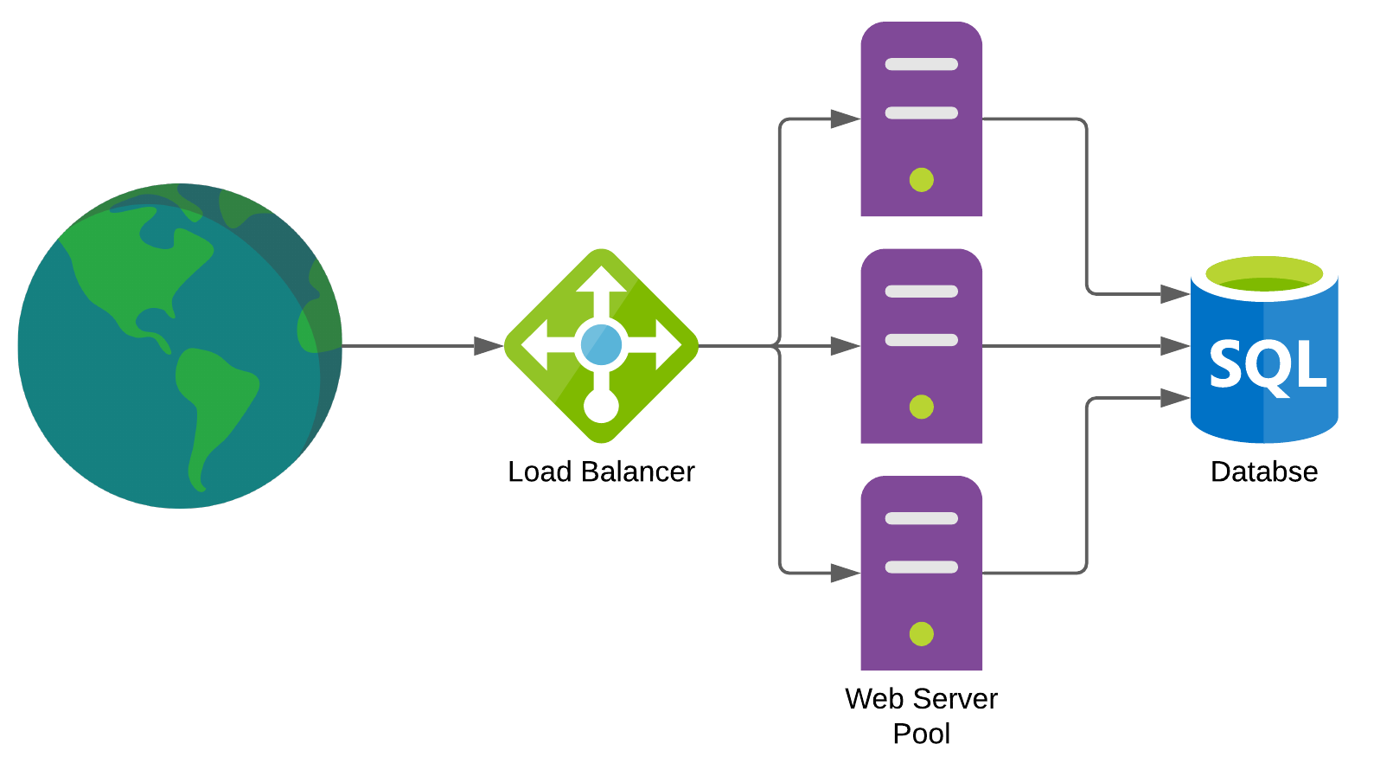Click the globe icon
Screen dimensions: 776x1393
180,345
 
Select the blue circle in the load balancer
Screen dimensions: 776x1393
601,345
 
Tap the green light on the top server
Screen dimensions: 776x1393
922,180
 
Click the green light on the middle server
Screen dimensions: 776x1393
922,407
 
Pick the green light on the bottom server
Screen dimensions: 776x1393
922,634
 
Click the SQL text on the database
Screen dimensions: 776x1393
1267,365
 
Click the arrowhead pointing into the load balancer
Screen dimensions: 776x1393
488,346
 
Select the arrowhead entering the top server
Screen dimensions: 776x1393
844,119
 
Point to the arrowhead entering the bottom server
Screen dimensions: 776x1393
844,573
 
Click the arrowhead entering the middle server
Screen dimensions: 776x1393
844,346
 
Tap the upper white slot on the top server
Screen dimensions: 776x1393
922,64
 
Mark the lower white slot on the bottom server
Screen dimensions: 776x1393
922,568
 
